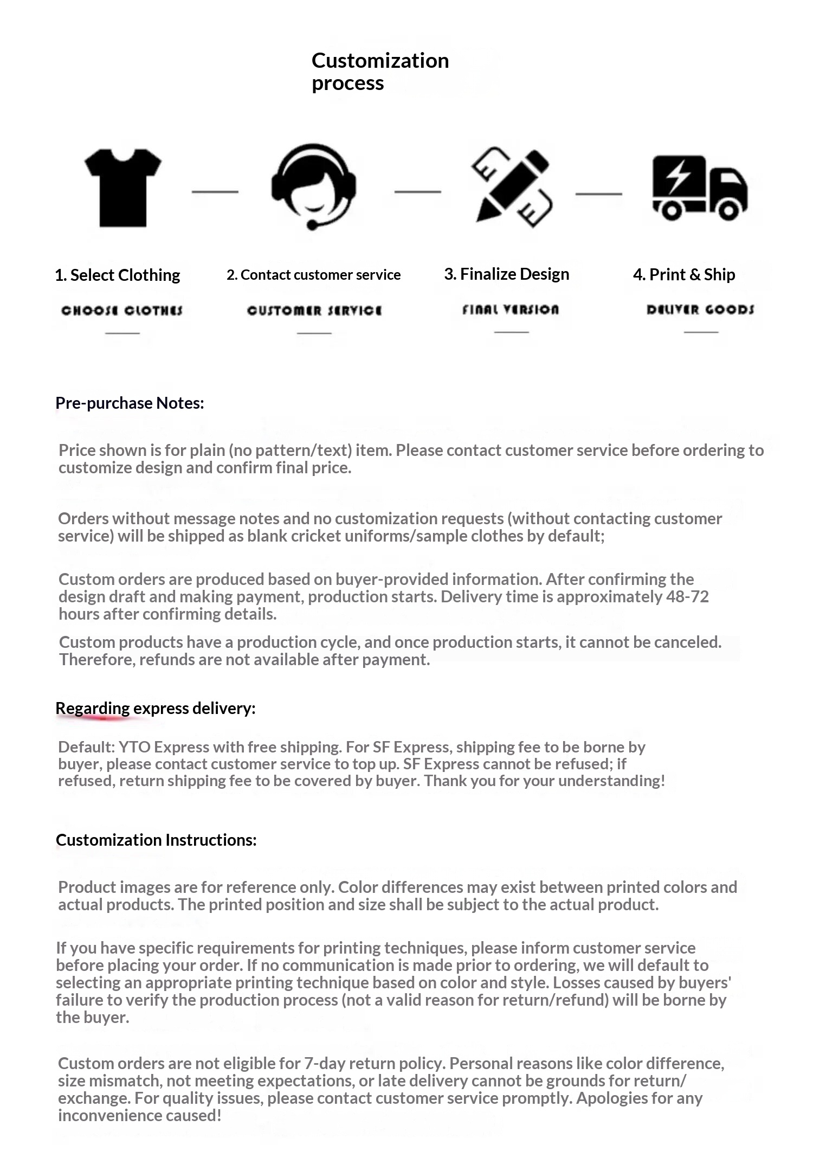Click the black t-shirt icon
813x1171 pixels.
(123, 188)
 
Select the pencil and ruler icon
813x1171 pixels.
(512, 188)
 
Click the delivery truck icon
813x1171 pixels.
(700, 188)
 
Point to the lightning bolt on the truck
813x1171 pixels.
(677, 177)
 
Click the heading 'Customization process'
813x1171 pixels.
(380, 72)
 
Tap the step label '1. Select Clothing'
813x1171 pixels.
(118, 275)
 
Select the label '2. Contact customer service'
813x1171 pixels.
(313, 275)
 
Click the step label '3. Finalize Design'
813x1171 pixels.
(506, 274)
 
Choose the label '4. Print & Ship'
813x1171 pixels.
(684, 274)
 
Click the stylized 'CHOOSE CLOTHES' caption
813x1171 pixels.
(122, 311)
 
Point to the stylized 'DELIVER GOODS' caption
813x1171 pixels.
(700, 310)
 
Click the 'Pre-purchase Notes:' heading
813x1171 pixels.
(130, 403)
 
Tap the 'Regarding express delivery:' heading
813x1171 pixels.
(155, 708)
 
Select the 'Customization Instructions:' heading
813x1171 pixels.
(156, 840)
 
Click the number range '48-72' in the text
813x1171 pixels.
(687, 596)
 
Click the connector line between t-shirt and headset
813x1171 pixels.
(215, 191)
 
